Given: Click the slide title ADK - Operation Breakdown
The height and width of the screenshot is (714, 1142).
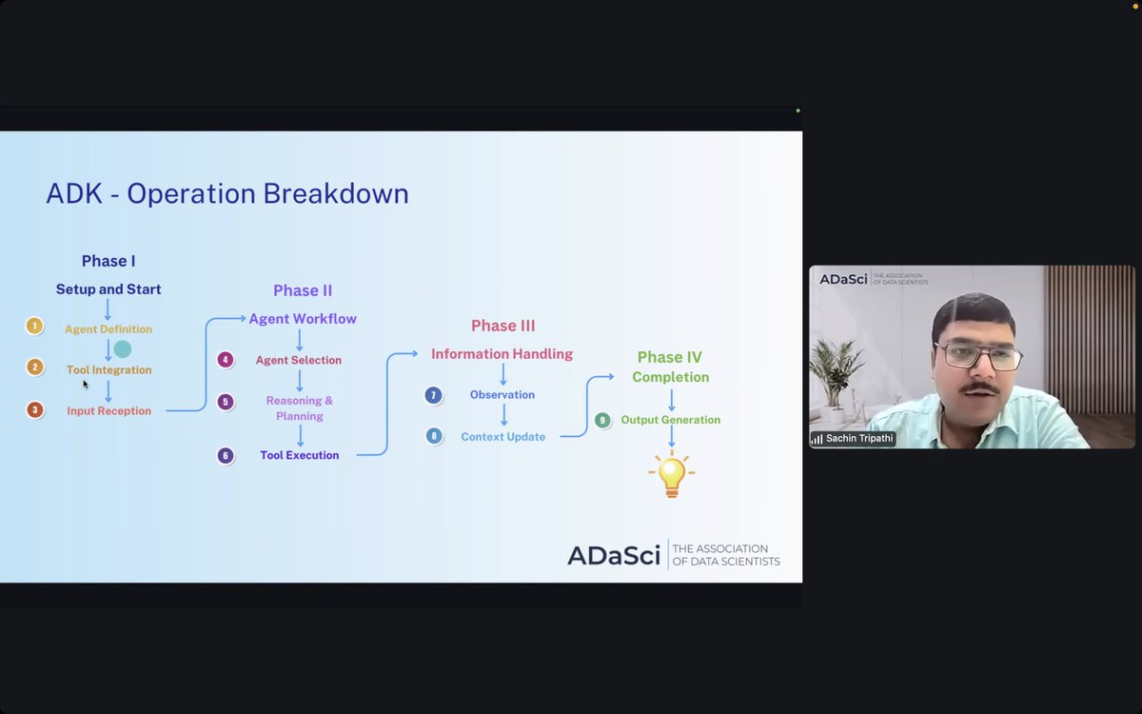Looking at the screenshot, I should (227, 194).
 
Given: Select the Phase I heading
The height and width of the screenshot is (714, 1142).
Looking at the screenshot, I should (108, 261).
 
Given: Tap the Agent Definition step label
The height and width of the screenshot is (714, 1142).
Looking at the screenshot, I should (108, 329).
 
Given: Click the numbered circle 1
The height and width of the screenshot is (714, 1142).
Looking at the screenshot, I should (34, 327).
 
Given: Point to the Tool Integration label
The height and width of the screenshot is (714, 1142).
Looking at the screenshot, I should (108, 370).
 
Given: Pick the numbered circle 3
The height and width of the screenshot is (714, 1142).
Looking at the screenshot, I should (34, 410).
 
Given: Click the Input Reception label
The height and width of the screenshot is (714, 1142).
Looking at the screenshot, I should (108, 411).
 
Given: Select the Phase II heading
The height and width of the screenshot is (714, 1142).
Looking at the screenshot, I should (303, 291).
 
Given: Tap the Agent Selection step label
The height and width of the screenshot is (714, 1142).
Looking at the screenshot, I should (299, 361).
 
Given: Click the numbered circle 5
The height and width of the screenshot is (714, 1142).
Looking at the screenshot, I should (226, 402).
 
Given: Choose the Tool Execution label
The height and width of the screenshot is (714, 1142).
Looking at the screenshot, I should (300, 456).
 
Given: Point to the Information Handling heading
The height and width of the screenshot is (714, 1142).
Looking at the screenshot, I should (502, 354).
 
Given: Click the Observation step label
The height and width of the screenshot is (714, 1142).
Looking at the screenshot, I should (502, 395).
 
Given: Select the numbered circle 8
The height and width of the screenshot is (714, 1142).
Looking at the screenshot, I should (434, 436).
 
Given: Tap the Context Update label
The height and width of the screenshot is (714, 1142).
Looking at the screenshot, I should (503, 437).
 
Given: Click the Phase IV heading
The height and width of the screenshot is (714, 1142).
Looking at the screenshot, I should (670, 358).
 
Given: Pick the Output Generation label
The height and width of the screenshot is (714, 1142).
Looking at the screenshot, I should (671, 420).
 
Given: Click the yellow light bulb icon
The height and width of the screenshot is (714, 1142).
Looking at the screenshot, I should (671, 474).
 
